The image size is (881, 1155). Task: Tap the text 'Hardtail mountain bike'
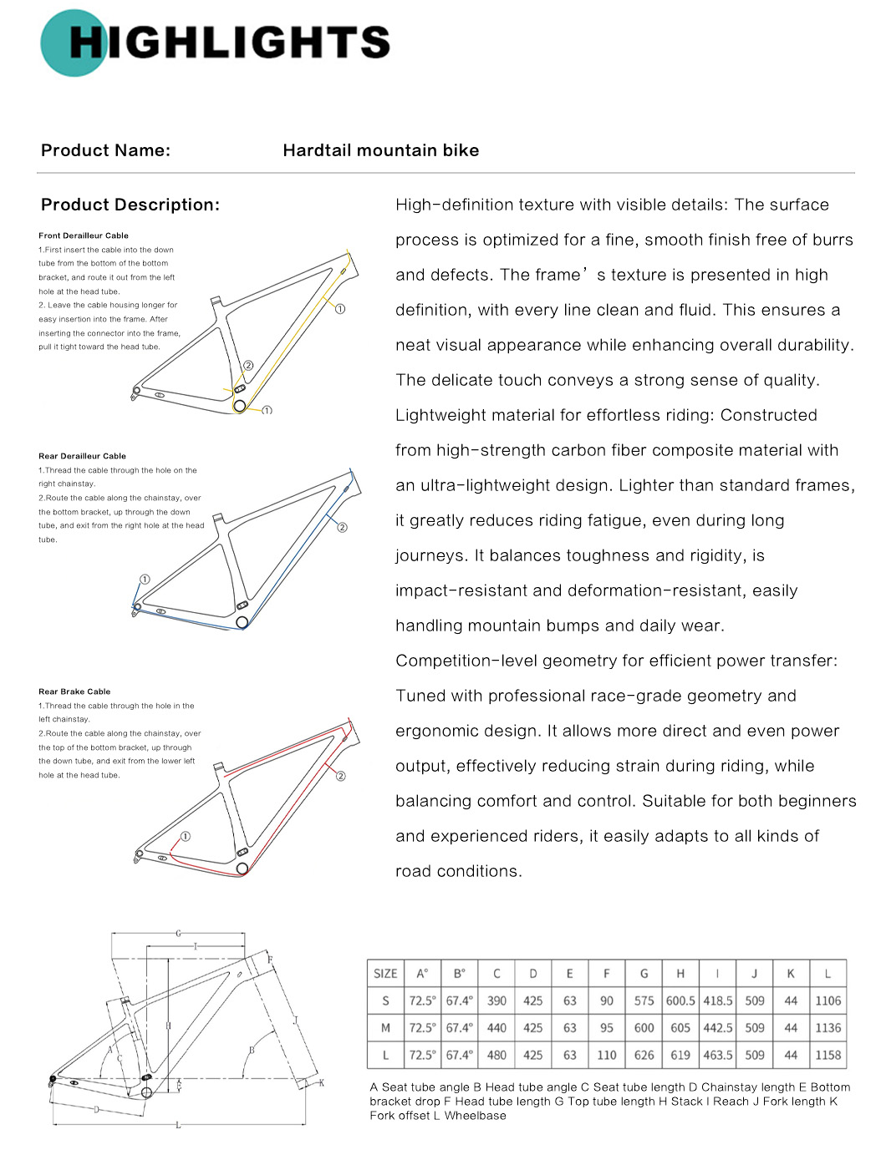click(380, 150)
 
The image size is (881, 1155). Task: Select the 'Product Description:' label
click(130, 205)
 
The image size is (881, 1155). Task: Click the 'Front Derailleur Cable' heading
click(84, 236)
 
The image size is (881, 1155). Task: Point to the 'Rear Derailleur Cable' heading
click(82, 456)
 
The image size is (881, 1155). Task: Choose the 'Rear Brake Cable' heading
click(74, 691)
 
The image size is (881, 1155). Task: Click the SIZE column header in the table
click(385, 974)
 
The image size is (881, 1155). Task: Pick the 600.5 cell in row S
click(680, 1000)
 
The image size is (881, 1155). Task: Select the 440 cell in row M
click(497, 1028)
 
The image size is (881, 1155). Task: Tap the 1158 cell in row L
click(828, 1055)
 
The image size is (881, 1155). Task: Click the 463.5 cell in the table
click(717, 1055)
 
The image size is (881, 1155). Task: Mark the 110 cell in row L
click(607, 1055)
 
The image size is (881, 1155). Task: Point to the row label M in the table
click(385, 1028)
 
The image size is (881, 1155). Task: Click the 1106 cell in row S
click(828, 1000)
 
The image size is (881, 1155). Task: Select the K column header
click(791, 974)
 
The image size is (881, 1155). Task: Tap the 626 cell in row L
click(644, 1055)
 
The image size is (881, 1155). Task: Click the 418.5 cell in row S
click(717, 1000)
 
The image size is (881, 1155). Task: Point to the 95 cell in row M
click(607, 1028)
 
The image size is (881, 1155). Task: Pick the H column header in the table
click(680, 974)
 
